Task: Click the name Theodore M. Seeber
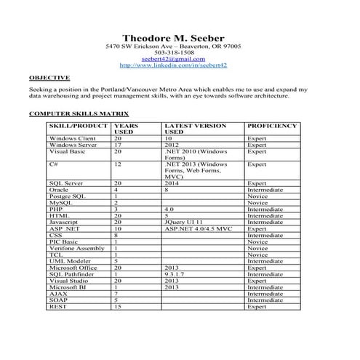click(173, 38)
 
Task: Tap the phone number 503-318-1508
click(174, 53)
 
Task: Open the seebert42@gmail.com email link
click(174, 59)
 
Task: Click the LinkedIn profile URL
click(173, 65)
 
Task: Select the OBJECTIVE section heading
click(49, 76)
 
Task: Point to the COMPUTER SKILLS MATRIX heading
click(79, 114)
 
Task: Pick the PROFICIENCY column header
click(272, 126)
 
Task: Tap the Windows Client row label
click(72, 138)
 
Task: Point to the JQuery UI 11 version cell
click(188, 222)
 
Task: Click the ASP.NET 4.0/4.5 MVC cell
click(199, 228)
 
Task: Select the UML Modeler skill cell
click(70, 261)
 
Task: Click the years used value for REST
click(117, 307)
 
